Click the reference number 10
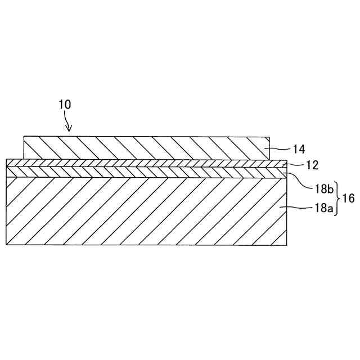(x=65, y=105)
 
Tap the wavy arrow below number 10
(x=68, y=121)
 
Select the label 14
(x=299, y=149)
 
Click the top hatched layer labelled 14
(x=146, y=147)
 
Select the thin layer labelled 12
(x=146, y=163)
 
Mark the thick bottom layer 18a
(x=146, y=211)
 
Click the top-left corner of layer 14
(x=24, y=136)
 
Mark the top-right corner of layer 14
(x=271, y=136)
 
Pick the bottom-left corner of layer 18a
(x=6, y=245)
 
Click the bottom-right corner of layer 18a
(x=287, y=245)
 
